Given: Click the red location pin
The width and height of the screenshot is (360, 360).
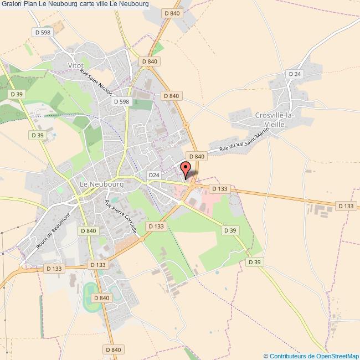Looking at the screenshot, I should (186, 168).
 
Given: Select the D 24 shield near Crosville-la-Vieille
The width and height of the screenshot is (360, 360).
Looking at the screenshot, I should (295, 74).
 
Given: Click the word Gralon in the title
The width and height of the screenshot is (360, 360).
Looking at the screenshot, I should (11, 4).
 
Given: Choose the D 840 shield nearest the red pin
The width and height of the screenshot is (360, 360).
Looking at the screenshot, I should (197, 157).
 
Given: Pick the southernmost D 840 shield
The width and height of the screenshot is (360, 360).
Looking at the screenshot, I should (112, 349).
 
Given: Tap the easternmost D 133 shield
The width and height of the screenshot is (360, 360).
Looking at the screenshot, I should (346, 206).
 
